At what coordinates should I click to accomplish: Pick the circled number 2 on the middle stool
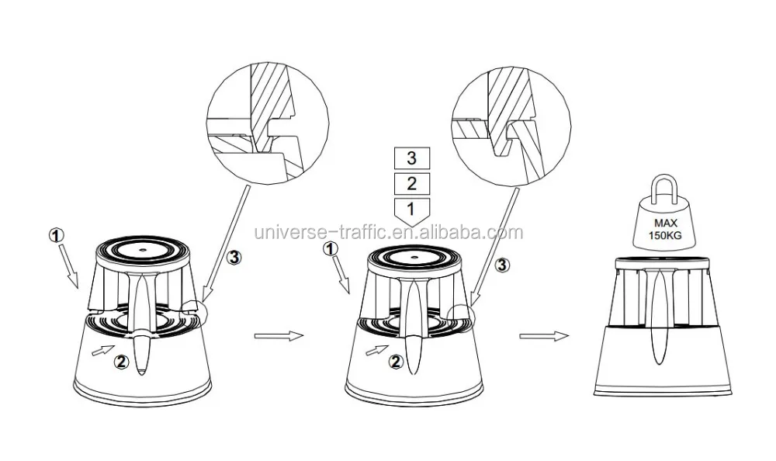(x=396, y=361)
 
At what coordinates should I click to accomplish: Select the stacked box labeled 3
(x=412, y=158)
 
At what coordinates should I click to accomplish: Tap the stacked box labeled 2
(x=412, y=183)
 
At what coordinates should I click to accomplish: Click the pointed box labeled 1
(x=412, y=210)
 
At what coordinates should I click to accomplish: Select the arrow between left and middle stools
(x=275, y=336)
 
